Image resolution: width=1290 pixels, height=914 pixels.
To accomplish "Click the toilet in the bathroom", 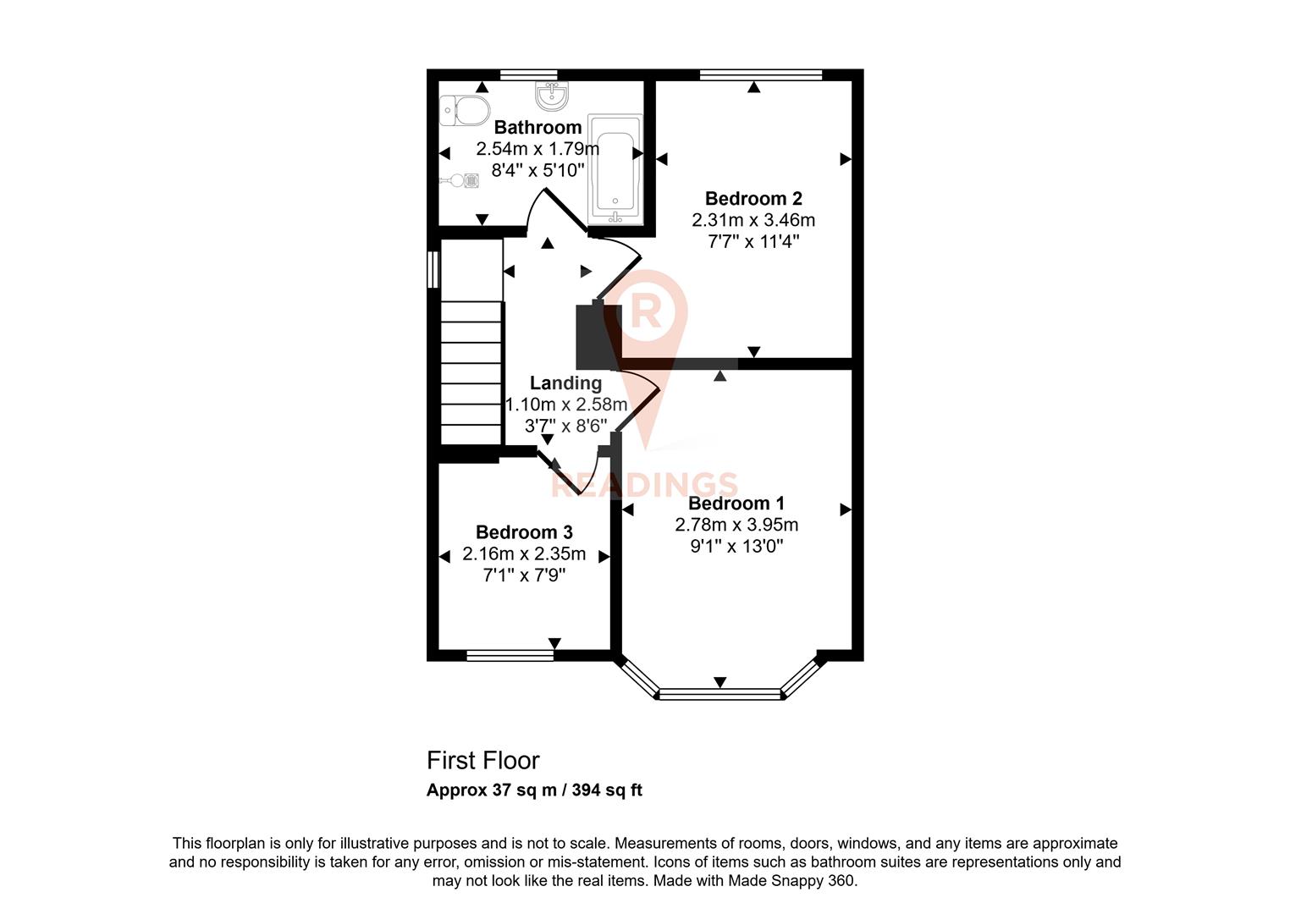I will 465,110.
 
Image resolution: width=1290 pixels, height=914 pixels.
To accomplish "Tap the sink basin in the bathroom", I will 552,96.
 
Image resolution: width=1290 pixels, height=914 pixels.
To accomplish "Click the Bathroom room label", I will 537,128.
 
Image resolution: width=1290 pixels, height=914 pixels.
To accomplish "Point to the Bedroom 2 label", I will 753,199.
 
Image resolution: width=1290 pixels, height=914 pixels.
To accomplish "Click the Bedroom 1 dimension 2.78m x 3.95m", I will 736,525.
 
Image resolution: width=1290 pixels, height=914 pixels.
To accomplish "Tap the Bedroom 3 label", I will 524,532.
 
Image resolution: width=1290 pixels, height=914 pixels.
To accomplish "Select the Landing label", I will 565,383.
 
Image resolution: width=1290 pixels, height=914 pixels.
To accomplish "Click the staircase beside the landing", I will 471,364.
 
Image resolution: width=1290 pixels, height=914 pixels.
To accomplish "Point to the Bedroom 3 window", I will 510,654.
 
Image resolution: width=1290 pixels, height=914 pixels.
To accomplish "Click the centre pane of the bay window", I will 719,695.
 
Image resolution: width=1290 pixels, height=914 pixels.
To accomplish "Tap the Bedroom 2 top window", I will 761,75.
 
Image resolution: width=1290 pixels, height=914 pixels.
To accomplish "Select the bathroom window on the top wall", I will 528,75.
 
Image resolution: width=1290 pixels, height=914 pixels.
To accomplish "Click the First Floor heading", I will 482,760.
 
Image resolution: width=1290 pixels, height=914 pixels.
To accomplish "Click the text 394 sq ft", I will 607,790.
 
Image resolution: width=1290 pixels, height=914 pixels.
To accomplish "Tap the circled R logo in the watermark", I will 648,310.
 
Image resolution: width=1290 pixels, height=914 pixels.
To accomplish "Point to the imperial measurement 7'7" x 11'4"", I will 753,241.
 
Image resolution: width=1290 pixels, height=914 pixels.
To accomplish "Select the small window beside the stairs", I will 433,270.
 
